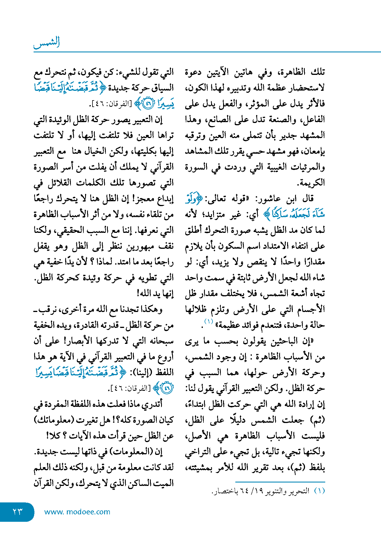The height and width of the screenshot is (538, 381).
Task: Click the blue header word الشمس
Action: pos(47,43)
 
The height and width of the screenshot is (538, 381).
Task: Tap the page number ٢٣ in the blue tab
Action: pos(17,512)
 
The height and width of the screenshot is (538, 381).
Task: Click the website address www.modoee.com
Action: pos(77,512)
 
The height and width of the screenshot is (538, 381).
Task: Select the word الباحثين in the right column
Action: pos(277,341)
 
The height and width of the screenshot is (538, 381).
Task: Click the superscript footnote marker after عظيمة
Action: pos(209,321)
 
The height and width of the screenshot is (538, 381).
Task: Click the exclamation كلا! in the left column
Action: pos(54,436)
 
